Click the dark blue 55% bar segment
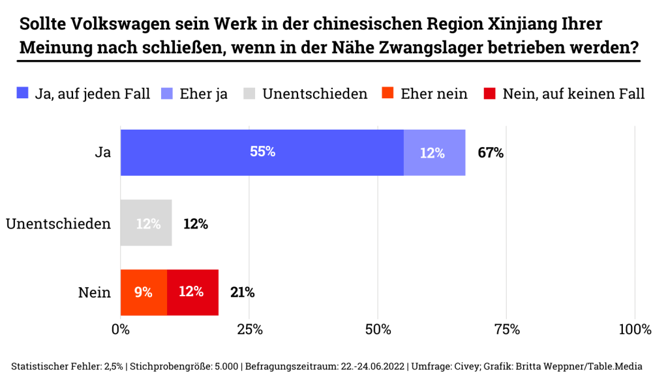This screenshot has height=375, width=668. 262,152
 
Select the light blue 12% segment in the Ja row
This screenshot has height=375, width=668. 434,152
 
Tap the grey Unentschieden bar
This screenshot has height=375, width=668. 146,223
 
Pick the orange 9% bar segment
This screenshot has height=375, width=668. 144,292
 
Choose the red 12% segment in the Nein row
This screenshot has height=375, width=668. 192,292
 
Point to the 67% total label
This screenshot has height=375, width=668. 491,153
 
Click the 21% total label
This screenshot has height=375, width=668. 242,292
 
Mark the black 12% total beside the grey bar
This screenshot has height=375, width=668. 195,224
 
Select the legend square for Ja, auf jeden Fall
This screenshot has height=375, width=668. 23,94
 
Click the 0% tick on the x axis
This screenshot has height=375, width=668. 121,329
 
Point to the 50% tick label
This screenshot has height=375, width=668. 378,329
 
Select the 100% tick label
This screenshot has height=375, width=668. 634,329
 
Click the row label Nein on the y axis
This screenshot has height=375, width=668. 95,292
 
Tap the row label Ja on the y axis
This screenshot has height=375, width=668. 102,153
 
